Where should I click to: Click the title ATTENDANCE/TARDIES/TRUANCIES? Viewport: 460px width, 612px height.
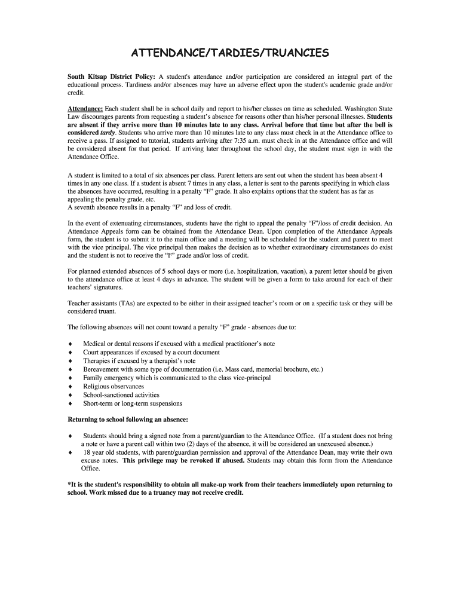click(x=230, y=54)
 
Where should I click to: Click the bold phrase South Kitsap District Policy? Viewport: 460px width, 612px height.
click(x=111, y=77)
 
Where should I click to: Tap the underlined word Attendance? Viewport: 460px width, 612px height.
click(x=85, y=108)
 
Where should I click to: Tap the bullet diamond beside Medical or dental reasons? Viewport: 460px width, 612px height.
click(x=70, y=344)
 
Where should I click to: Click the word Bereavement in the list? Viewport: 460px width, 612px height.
click(x=102, y=369)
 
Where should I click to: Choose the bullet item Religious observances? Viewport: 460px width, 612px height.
click(x=114, y=387)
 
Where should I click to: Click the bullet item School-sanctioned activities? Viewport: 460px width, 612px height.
click(x=121, y=395)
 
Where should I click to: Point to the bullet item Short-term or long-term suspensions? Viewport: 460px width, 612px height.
click(x=133, y=403)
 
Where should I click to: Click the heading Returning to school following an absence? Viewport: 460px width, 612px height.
click(x=128, y=420)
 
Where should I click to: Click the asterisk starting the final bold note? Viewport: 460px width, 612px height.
click(x=69, y=485)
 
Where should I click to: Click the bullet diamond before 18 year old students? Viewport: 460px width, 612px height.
click(x=70, y=452)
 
